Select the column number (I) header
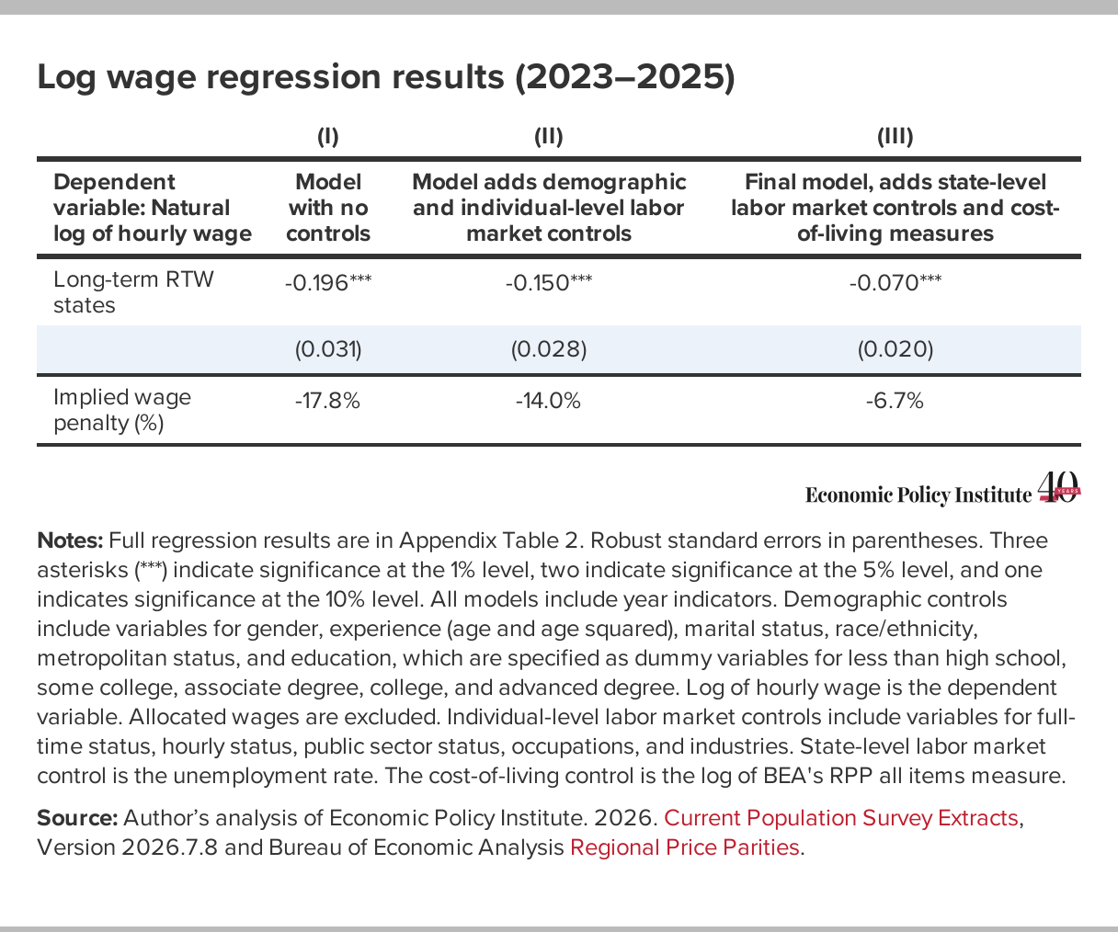tap(328, 137)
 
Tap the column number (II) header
tap(549, 137)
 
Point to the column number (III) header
tap(896, 137)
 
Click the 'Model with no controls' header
tap(328, 208)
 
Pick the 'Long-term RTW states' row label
tap(133, 292)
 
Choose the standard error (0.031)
tap(328, 349)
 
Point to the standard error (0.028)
tap(549, 349)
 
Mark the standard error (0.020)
tap(896, 349)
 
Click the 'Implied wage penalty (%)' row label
tap(122, 410)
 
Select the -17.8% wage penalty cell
tap(327, 401)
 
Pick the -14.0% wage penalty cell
tap(548, 401)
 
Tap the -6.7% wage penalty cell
tap(895, 401)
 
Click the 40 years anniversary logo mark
tap(1059, 487)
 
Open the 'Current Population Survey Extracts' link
tap(841, 818)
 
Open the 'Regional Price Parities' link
tap(685, 847)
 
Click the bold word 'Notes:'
tap(70, 540)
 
